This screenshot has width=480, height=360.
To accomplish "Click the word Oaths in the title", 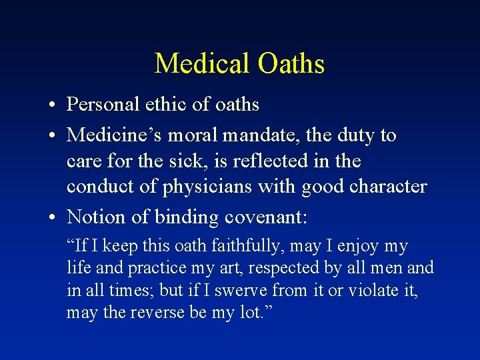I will click(291, 64).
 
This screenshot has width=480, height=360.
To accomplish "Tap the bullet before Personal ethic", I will click(51, 105).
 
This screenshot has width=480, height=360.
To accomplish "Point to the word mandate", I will click(264, 135).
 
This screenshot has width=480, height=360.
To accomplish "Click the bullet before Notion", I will click(51, 217).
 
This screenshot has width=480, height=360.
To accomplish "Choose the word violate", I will click(370, 291).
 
